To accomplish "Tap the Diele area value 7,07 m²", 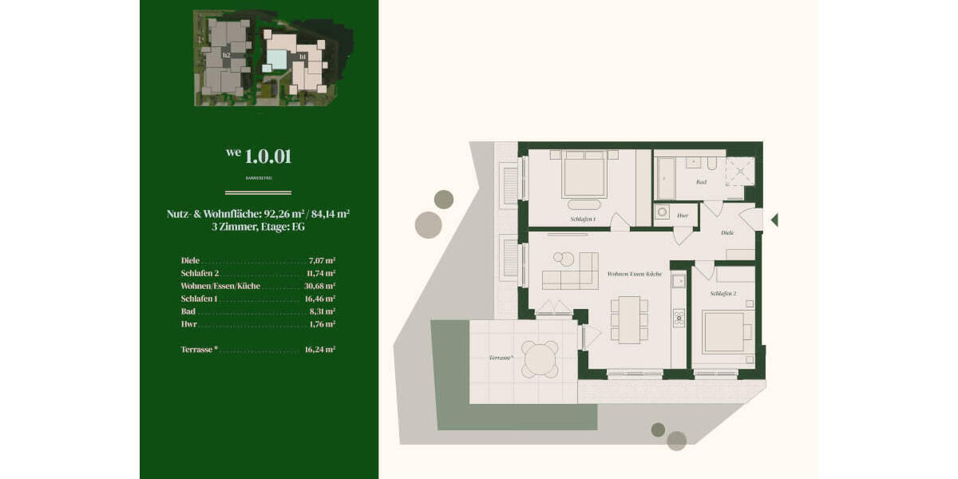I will pos(321,260).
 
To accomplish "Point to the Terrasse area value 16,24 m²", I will pos(319,350).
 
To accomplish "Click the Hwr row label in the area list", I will pos(188,324).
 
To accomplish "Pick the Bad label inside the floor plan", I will pos(701,183).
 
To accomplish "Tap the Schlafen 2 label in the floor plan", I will pos(722,295).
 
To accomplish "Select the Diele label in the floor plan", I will pos(726,233).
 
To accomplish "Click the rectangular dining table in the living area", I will pos(630,319).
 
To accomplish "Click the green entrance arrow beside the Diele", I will pos(774,220).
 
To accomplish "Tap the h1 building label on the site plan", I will pos(303,57).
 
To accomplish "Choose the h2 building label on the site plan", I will pos(227,55).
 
